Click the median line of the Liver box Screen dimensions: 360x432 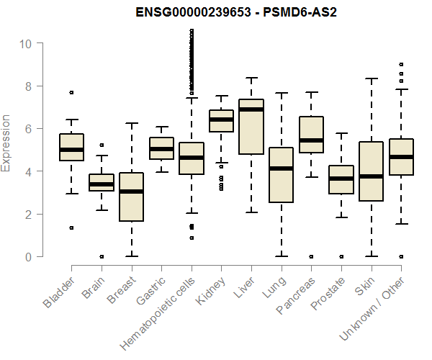click(251, 109)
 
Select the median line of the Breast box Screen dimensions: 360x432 click(131, 192)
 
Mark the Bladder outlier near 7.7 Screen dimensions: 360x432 click(71, 92)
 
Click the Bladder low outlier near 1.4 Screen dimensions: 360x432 click(71, 228)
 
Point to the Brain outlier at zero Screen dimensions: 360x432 click(102, 256)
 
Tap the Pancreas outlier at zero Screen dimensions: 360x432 click(310, 256)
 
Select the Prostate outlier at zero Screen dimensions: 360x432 click(341, 256)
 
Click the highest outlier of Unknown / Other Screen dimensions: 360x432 click(400, 64)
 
